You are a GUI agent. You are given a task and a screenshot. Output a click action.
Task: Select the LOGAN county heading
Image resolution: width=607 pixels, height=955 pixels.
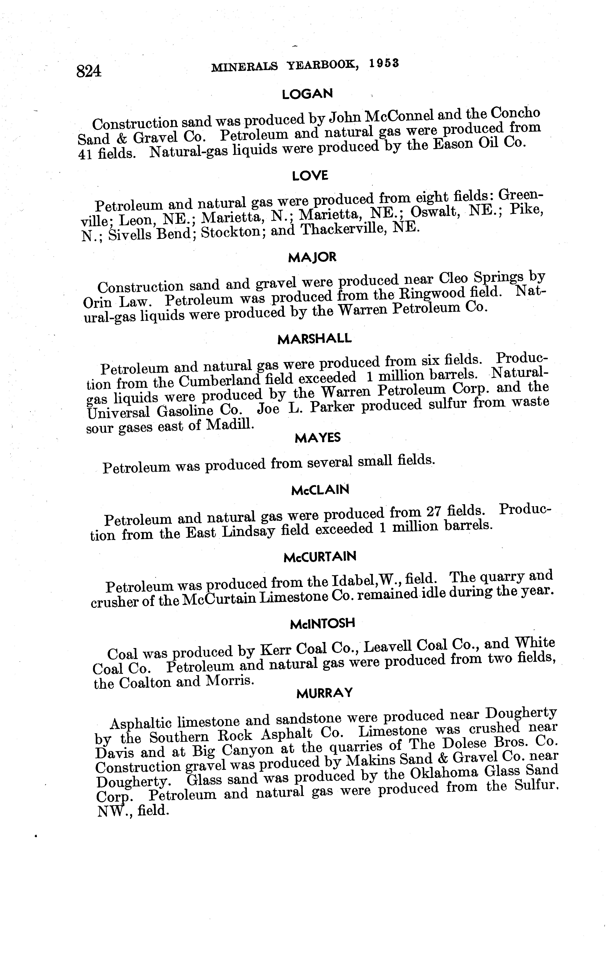(x=307, y=94)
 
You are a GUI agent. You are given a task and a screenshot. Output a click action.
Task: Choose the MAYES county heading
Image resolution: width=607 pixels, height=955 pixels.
(x=318, y=438)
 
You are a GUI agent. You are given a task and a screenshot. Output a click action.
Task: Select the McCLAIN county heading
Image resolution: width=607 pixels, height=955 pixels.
(x=320, y=490)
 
